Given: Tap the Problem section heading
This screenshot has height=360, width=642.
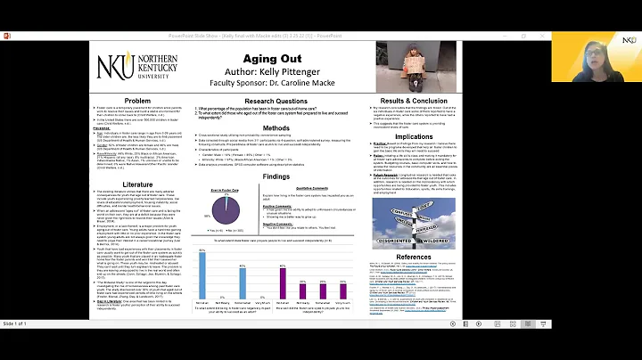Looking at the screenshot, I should coord(137,101).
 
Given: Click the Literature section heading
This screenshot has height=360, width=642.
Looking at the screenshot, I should coord(137,177).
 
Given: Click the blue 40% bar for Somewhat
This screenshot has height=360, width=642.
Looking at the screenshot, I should coord(242,282).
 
